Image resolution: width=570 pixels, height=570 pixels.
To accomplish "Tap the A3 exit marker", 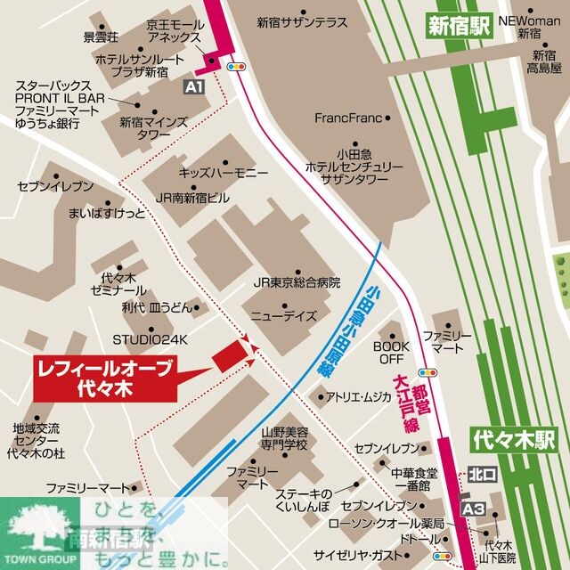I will coord(473,508).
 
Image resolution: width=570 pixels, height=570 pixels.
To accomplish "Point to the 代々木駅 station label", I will coord(515,439).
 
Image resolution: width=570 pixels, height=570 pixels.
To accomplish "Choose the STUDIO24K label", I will coord(151,339).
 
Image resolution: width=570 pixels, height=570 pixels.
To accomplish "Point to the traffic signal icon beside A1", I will coord(237,66).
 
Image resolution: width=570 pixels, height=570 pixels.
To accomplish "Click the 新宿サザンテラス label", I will coord(303,23).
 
